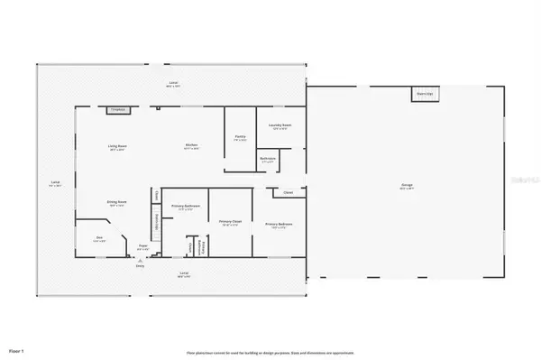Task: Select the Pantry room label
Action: [240, 139]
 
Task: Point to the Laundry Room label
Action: [280, 125]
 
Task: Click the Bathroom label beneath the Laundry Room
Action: [268, 159]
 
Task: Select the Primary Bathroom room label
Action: [184, 206]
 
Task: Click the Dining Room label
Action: [117, 205]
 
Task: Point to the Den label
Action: [99, 239]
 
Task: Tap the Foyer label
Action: [142, 246]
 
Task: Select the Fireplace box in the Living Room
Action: [117, 110]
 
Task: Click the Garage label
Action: [407, 187]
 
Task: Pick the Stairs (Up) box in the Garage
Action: [425, 93]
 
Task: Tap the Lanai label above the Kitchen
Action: [172, 84]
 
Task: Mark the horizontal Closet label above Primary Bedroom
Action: [288, 191]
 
